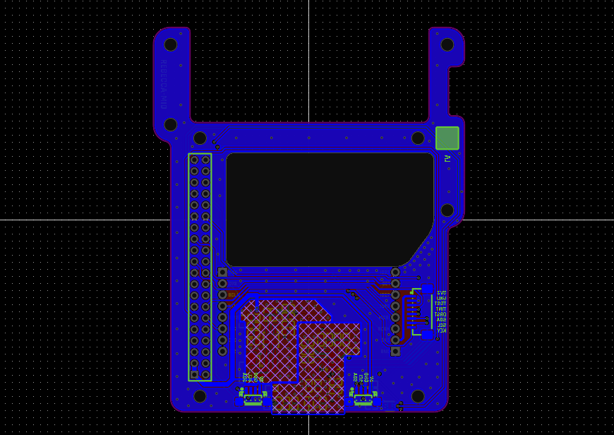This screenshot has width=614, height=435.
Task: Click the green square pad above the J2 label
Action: pos(447,138)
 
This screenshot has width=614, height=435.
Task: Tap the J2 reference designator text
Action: pos(447,159)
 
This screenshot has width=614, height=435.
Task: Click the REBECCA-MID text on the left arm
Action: pos(163,84)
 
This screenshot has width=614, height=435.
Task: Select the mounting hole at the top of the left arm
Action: pos(171,44)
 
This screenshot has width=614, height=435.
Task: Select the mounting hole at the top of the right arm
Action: pos(447,44)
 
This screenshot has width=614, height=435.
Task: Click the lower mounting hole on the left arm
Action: pos(171,124)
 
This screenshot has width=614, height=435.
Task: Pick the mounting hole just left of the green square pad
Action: pos(418,138)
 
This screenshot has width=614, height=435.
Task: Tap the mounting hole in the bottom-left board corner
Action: pos(200,396)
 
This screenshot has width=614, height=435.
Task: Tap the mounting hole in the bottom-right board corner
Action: pos(418,396)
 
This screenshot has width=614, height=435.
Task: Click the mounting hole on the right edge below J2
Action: pos(447,210)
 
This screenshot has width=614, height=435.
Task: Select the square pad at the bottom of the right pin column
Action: pos(395,351)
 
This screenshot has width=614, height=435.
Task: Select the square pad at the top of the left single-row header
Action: pos(222,272)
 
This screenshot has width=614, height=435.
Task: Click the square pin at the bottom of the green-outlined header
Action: pos(195,374)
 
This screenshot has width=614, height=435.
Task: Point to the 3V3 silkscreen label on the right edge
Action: pos(441,292)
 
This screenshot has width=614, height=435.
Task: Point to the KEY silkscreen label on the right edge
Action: pos(441,330)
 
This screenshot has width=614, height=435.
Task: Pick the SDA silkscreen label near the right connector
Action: pos(441,320)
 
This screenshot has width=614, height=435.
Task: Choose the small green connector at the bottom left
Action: pos(253,400)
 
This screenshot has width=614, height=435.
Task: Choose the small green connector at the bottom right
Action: pos(363,400)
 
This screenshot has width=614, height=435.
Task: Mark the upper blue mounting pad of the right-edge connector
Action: pos(428,289)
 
